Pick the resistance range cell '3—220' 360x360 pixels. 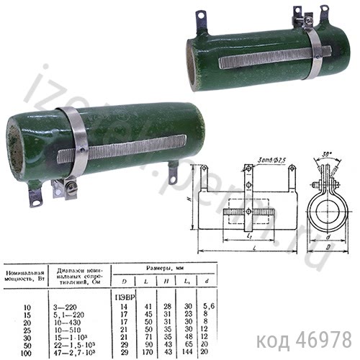[x=76, y=307]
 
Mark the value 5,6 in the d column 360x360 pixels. [x=208, y=307]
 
